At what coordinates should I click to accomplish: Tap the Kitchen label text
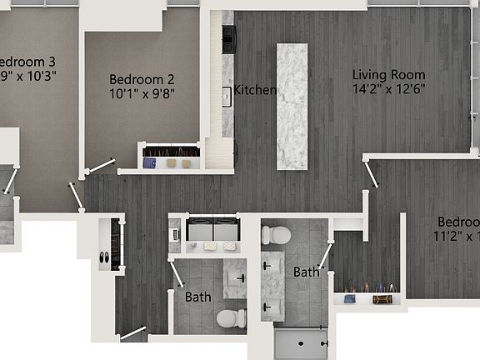click(255, 90)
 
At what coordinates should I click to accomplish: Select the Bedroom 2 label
click(142, 79)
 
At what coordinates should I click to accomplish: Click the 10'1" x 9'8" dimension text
click(142, 94)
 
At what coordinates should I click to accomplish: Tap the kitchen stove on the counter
click(228, 37)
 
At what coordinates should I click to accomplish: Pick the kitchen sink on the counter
click(227, 95)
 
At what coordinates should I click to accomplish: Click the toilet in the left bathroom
click(231, 317)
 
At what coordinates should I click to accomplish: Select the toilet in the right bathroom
click(277, 234)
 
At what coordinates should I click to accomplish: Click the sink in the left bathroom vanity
click(240, 276)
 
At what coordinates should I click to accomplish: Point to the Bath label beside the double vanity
click(306, 272)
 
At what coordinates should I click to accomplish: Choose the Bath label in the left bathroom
click(197, 297)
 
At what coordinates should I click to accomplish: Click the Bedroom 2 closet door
click(99, 167)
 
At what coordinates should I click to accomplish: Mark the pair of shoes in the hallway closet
click(103, 258)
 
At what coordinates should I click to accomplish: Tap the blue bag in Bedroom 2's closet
click(149, 162)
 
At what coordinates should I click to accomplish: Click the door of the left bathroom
click(177, 273)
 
